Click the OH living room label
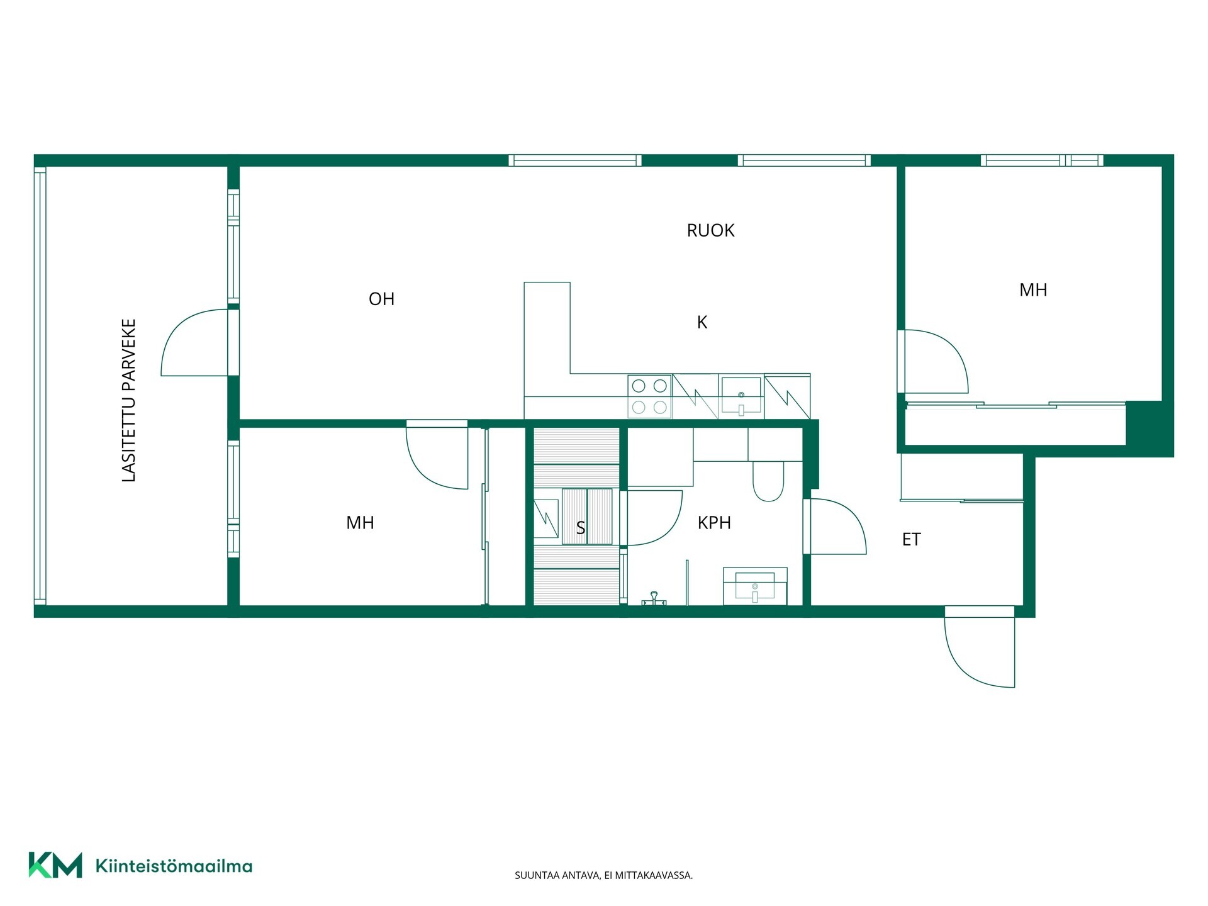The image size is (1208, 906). coord(381,299)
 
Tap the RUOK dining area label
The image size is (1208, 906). coord(710,230)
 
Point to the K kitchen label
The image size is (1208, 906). coord(702,322)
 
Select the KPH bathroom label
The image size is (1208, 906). coord(714,522)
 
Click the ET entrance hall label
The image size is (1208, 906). coord(911,539)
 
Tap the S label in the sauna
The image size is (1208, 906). coord(580,528)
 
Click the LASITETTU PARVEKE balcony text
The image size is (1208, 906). coord(128,401)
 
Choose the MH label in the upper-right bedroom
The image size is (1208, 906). coord(1033,290)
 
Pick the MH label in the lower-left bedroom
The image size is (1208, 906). coord(360,522)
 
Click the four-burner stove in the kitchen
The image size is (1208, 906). coord(649,396)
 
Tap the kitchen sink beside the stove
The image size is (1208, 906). coord(741,396)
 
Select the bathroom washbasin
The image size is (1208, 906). coord(755,586)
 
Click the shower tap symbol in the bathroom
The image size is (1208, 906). coord(654,599)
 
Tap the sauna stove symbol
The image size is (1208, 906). coord(545,518)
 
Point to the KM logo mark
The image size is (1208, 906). coord(55,865)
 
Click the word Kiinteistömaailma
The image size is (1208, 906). coord(174,866)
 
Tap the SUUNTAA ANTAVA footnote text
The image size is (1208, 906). coord(603,875)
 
